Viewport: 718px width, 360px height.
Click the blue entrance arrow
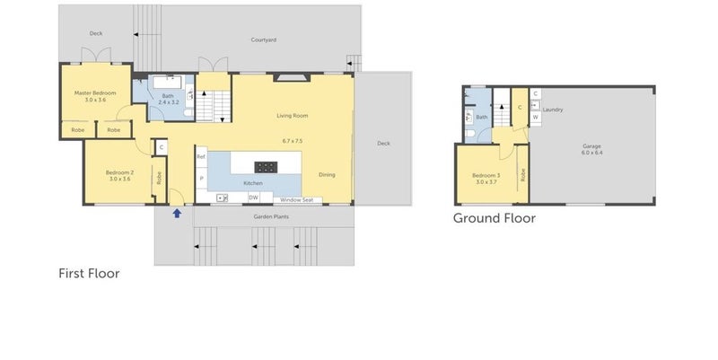pyautogui.click(x=177, y=213)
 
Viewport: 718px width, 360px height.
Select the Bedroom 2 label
pyautogui.click(x=119, y=171)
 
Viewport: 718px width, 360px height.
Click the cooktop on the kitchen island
pyautogui.click(x=266, y=166)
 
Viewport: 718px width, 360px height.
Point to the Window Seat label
pyautogui.click(x=295, y=199)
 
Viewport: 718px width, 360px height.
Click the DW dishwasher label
pyautogui.click(x=254, y=198)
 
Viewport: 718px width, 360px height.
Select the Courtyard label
pyautogui.click(x=263, y=40)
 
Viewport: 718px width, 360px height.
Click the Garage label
pyautogui.click(x=590, y=145)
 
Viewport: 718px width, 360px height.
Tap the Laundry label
pyautogui.click(x=552, y=110)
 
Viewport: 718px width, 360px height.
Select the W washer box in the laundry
pyautogui.click(x=536, y=117)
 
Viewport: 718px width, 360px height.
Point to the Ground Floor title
pyautogui.click(x=494, y=218)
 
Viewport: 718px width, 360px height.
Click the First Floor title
pyautogui.click(x=89, y=273)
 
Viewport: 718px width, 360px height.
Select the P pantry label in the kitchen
pyautogui.click(x=201, y=179)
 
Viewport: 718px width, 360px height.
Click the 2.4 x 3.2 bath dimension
pyautogui.click(x=169, y=103)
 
